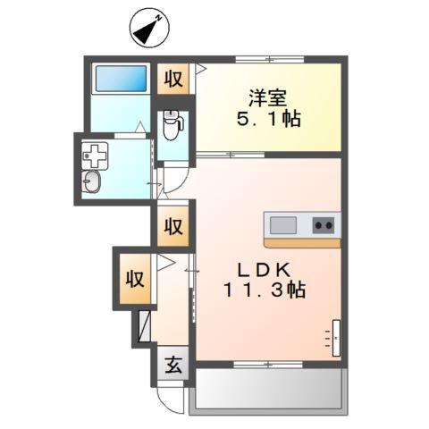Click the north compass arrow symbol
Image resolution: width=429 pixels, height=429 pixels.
pyautogui.click(x=150, y=28)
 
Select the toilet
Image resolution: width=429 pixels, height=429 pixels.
pyautogui.click(x=172, y=127)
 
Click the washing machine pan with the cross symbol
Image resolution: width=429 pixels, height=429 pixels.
pyautogui.click(x=94, y=157)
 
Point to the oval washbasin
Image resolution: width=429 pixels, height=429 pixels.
pyautogui.click(x=93, y=184)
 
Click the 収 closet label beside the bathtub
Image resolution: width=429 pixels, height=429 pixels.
pyautogui.click(x=174, y=79)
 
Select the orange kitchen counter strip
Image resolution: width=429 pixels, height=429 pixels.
pyautogui.click(x=302, y=242)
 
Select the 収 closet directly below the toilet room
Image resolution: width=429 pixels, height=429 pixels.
pyautogui.click(x=173, y=226)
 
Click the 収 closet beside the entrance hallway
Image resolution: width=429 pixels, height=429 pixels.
pyautogui.click(x=134, y=278)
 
